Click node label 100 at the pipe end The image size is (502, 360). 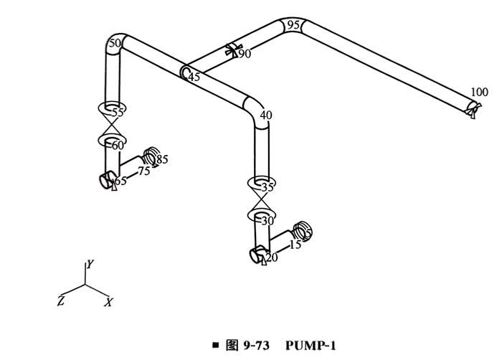[x=479, y=92]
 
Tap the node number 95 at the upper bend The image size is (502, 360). [x=293, y=25]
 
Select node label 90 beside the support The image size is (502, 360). [x=245, y=54]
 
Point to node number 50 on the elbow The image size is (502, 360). [x=113, y=44]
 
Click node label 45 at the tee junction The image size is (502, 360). [x=194, y=77]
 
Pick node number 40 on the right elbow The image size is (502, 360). [x=266, y=115]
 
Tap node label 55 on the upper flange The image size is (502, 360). [x=118, y=112]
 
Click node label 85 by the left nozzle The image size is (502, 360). [x=162, y=159]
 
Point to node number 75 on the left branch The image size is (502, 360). [x=144, y=171]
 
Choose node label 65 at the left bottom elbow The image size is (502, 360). [x=120, y=181]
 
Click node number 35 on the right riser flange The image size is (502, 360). [x=268, y=187]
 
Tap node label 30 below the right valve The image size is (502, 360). [x=267, y=221]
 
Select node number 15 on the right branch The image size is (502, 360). [x=295, y=245]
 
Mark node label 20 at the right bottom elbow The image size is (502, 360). [x=272, y=257]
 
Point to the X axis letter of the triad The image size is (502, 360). [x=108, y=303]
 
